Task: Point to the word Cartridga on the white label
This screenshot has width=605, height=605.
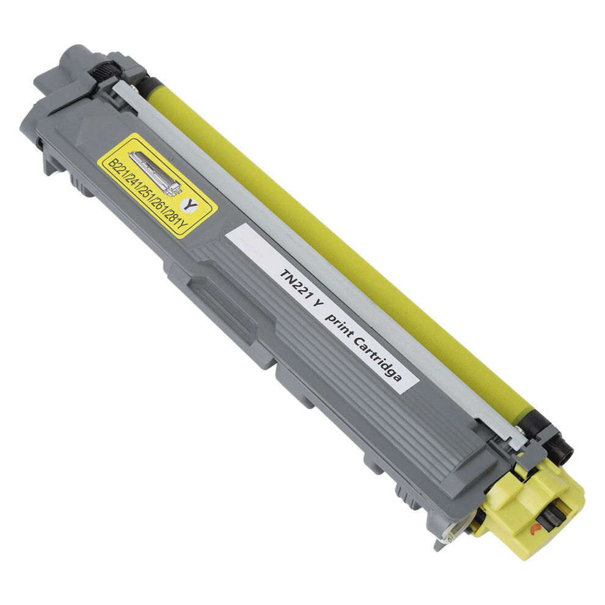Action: [378, 359]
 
